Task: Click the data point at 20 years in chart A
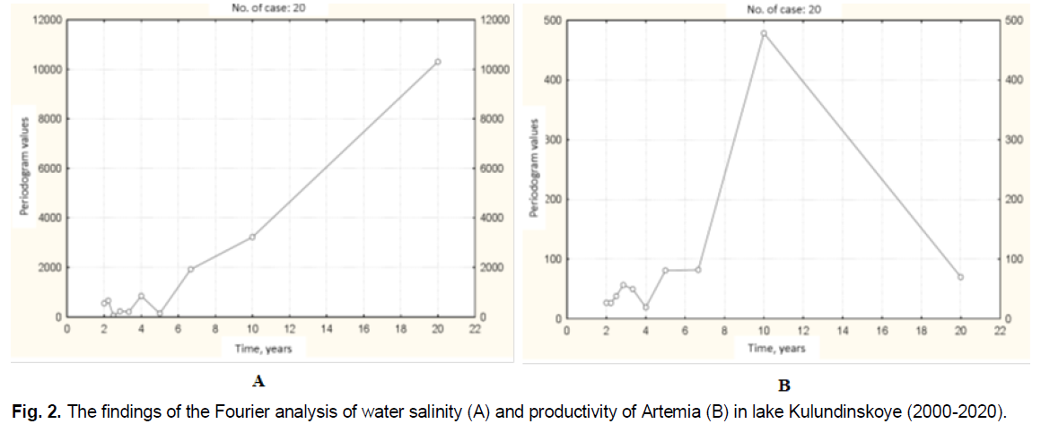tap(438, 62)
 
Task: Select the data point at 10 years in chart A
tap(252, 237)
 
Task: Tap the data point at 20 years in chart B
tap(960, 277)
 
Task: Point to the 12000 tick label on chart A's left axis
tap(42, 20)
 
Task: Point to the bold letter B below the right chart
tap(783, 386)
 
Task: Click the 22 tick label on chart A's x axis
tap(475, 330)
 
